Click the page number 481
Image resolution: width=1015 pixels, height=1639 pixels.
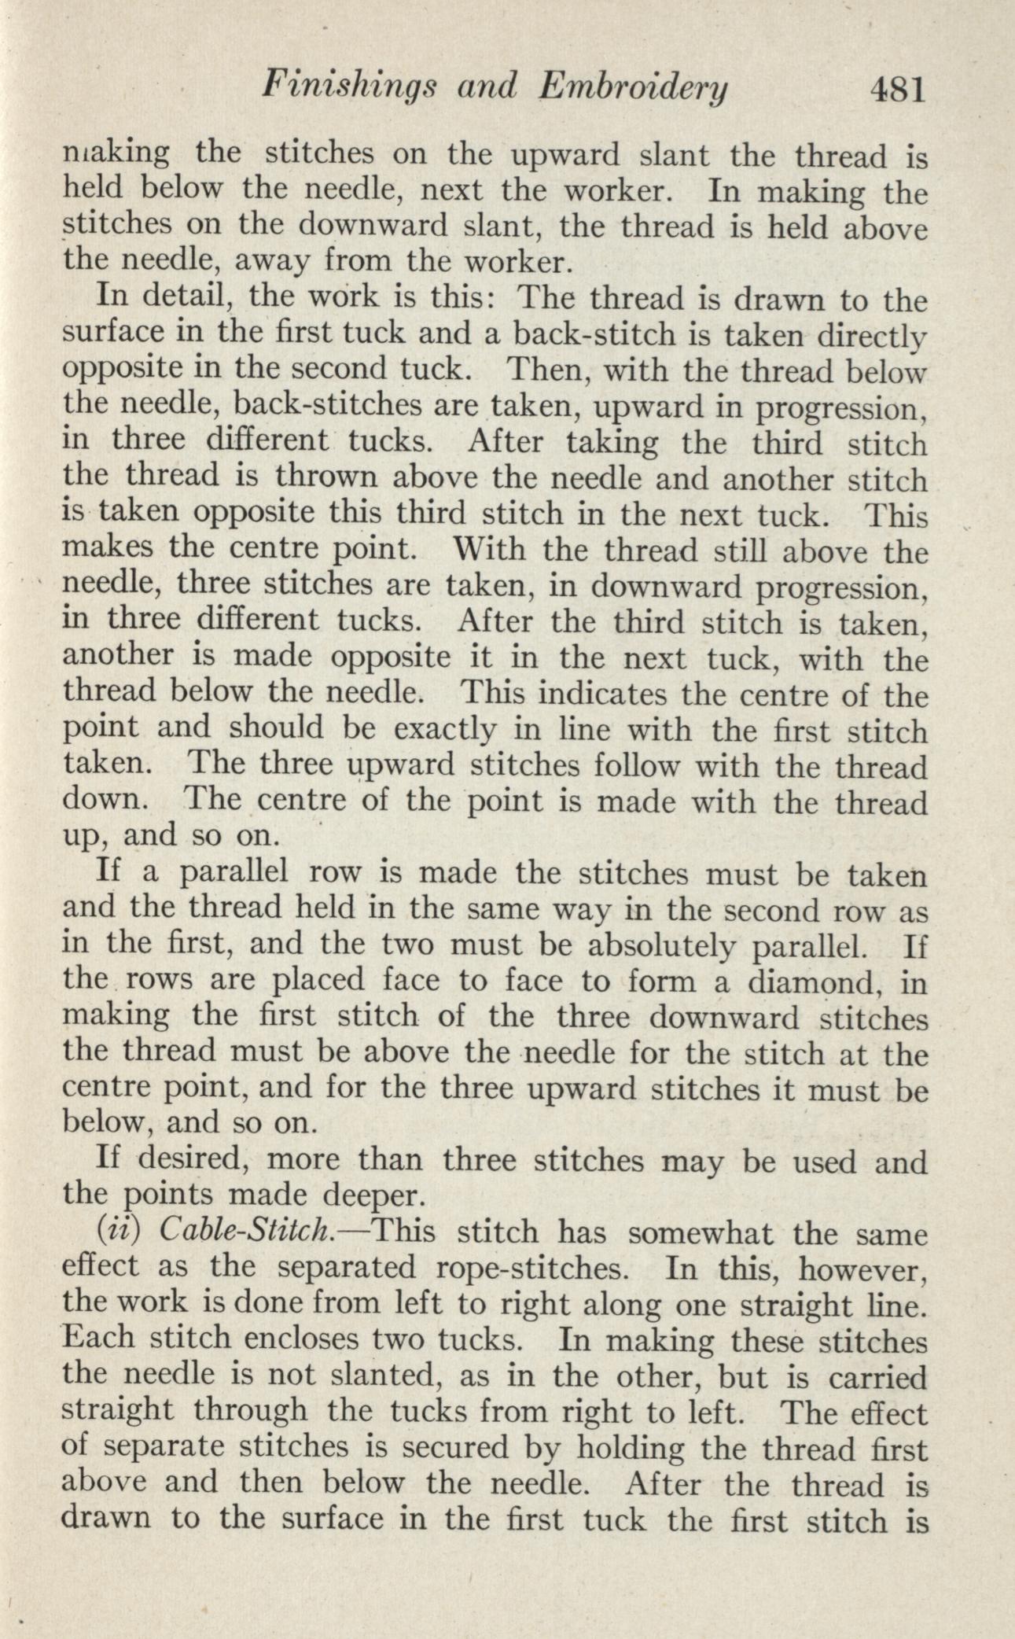pos(888,90)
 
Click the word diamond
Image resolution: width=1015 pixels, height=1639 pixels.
pos(796,982)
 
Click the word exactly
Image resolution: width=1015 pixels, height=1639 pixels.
pos(443,730)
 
